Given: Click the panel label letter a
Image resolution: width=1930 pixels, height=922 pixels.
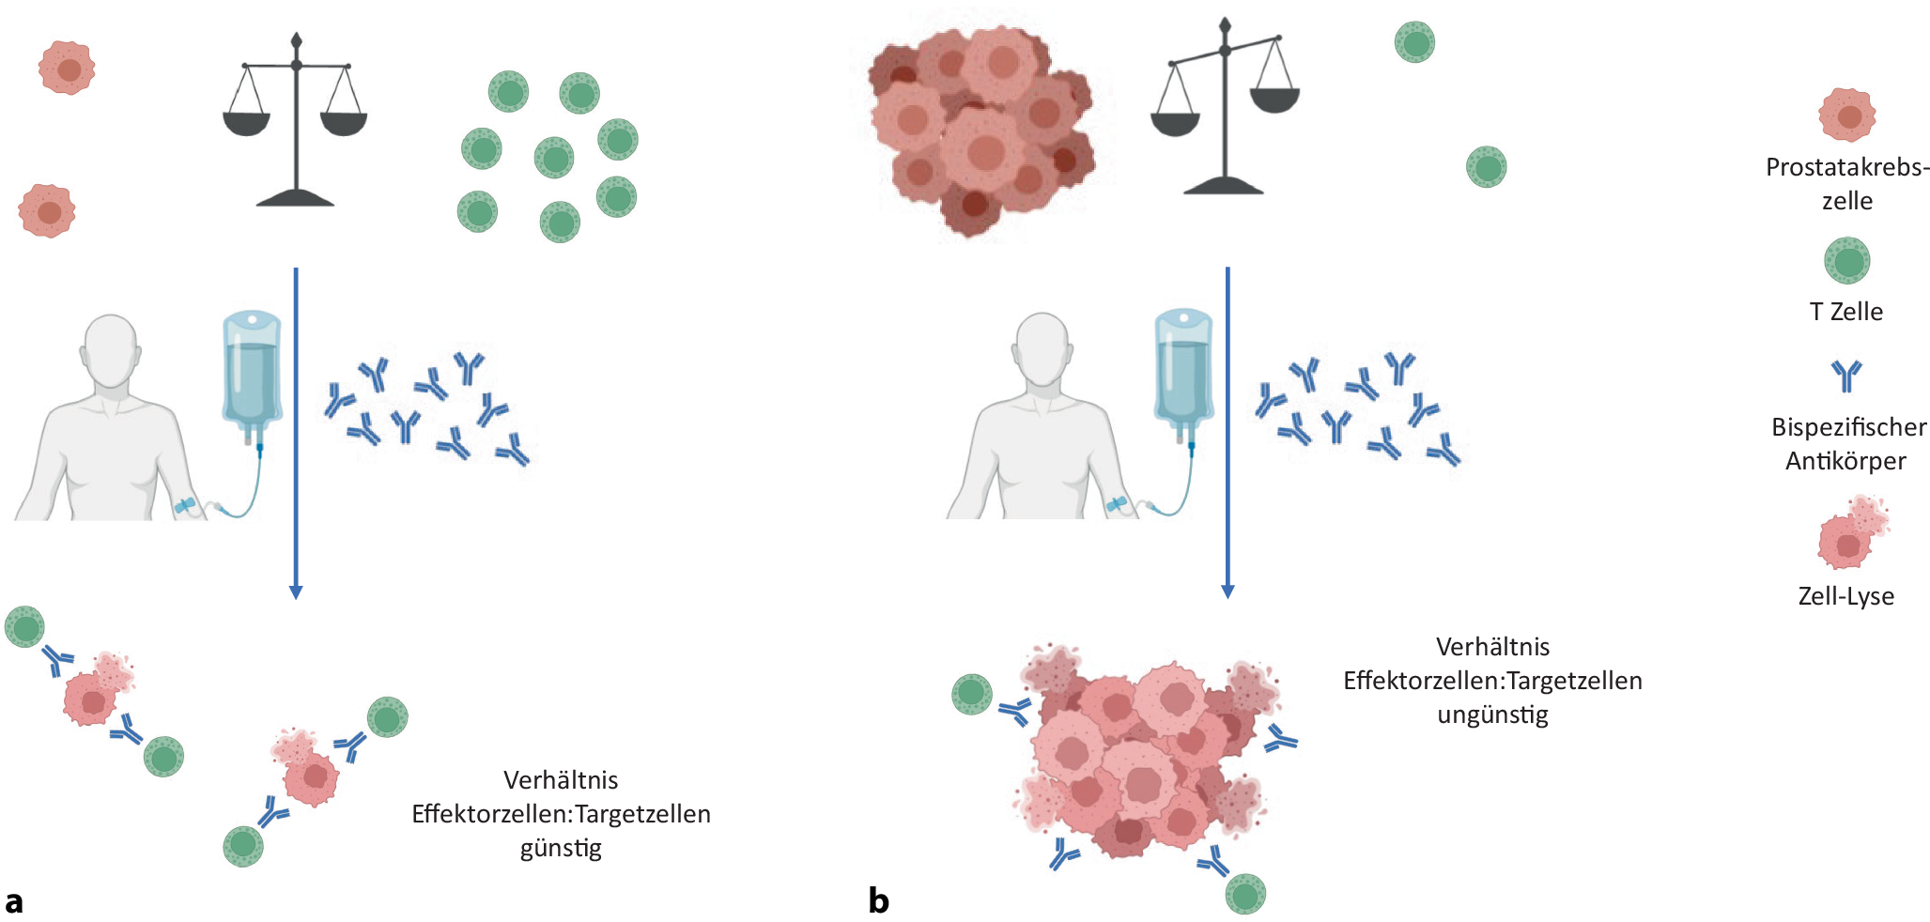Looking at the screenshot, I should click(13, 901).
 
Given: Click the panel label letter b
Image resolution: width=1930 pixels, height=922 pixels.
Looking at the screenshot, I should click(878, 901).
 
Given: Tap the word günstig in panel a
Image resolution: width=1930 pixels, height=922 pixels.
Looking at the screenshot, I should click(561, 848).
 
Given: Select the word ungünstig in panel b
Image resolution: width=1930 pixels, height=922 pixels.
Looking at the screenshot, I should click(1492, 715).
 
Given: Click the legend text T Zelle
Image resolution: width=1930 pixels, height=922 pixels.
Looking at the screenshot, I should click(1845, 312).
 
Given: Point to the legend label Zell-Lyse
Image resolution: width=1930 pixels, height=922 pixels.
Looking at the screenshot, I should click(1845, 596).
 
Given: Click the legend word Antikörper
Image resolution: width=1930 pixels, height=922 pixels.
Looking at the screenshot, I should click(1845, 461).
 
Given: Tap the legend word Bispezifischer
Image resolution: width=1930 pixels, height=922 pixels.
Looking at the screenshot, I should click(1848, 427).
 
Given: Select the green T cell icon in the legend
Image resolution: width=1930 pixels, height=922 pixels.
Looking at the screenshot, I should click(1846, 260).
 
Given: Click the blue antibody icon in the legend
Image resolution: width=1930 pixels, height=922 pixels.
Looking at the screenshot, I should click(1845, 376).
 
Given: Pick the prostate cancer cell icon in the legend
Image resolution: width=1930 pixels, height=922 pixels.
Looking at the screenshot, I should click(1846, 115).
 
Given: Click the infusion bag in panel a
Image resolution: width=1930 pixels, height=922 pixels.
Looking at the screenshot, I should click(251, 371).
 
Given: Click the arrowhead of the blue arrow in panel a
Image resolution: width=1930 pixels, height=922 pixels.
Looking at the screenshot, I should click(296, 592).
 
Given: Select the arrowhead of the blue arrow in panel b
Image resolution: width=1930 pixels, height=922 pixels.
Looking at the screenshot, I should click(1227, 592).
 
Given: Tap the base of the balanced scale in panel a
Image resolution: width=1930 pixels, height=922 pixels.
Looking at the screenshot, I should click(296, 198).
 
